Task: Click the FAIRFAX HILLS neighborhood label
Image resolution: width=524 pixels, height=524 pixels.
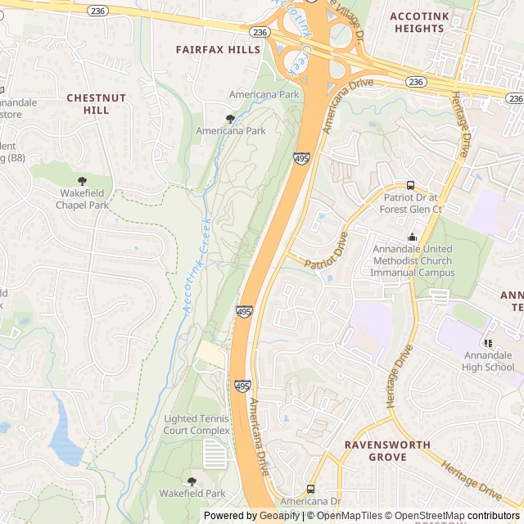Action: [x=218, y=50]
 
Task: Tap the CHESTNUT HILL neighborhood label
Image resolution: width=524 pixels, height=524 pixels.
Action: [x=97, y=103]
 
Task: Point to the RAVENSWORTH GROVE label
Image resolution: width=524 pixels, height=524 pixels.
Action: [x=387, y=450]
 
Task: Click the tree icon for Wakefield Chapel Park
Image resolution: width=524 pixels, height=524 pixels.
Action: [x=82, y=181]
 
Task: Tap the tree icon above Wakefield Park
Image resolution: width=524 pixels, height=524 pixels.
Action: [x=192, y=481]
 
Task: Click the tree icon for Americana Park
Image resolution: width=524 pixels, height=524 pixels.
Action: [x=230, y=119]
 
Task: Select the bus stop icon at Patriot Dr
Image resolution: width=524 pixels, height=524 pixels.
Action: [x=410, y=186]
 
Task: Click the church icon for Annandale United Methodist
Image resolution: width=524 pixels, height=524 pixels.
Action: [x=413, y=237]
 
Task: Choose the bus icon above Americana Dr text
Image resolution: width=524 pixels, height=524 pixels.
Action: [x=309, y=489]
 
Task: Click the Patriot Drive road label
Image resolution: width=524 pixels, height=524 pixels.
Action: [x=327, y=252]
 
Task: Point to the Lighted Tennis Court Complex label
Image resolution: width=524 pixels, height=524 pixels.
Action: [x=196, y=424]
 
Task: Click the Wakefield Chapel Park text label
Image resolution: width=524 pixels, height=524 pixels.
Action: [x=82, y=200]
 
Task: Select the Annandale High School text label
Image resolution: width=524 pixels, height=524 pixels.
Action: [x=488, y=361]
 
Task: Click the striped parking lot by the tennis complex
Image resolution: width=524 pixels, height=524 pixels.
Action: [x=215, y=454]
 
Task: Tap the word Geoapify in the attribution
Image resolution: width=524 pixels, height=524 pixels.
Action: [x=278, y=516]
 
